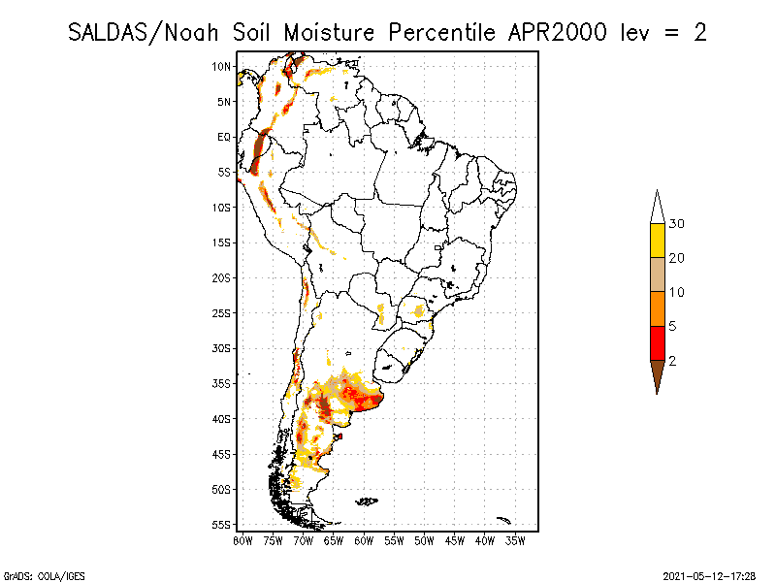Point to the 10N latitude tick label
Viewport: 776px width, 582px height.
221,67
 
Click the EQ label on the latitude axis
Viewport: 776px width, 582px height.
224,138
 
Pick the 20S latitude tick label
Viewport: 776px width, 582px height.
221,278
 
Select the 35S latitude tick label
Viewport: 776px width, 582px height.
221,384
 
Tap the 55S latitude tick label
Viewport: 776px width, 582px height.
221,525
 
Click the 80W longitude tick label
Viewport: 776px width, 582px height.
242,539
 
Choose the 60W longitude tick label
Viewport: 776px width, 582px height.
365,539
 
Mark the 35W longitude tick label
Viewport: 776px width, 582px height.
516,539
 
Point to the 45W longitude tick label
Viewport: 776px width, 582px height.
455,539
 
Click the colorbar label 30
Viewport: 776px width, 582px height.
677,224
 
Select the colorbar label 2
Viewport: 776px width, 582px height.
672,361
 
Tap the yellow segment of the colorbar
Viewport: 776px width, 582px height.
657,241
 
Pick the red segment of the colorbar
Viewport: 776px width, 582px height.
657,342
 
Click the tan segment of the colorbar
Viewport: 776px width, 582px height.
657,275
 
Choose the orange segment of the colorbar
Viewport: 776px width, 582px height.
657,308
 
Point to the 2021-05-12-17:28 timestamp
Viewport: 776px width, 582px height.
708,575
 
